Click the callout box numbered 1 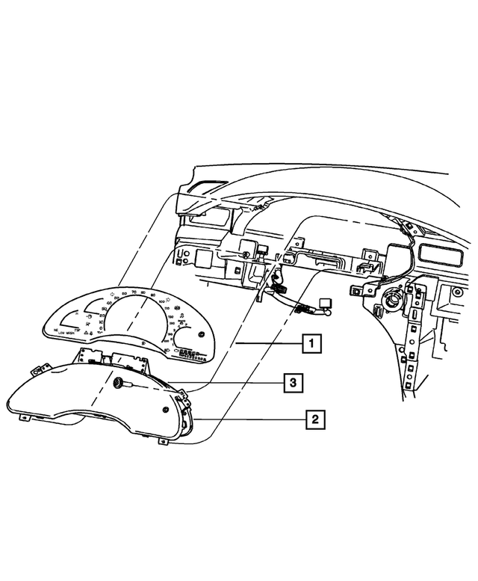(312, 344)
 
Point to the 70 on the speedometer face (134, 292)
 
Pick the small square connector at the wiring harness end (326, 303)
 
